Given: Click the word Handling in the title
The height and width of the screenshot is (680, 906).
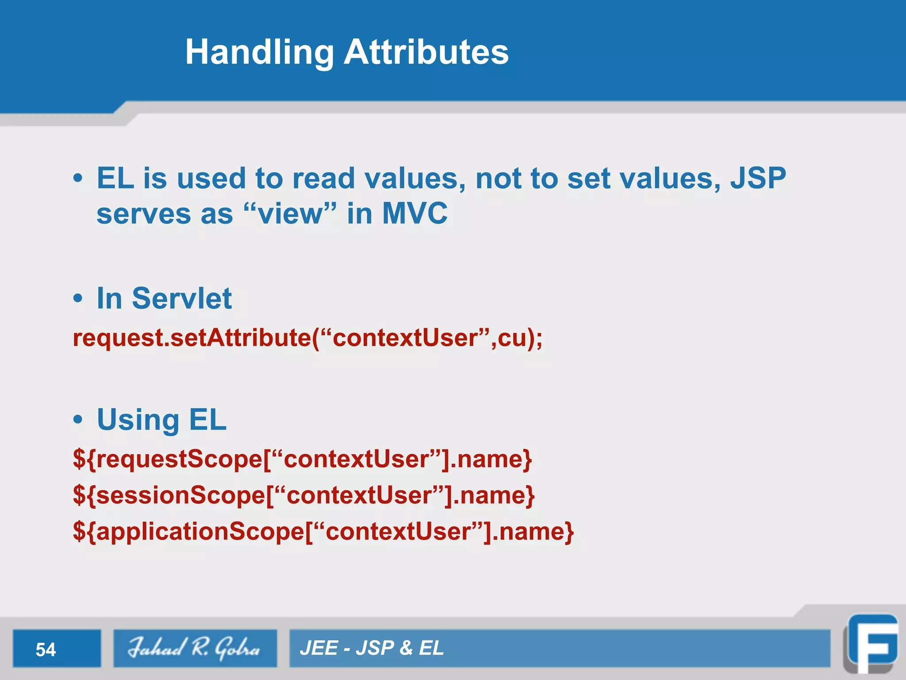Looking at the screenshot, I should (259, 52).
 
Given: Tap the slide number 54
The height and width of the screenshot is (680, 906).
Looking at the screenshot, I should (46, 649).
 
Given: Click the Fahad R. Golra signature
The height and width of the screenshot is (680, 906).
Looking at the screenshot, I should (195, 649).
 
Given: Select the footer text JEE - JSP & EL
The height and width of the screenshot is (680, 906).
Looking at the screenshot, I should (372, 648).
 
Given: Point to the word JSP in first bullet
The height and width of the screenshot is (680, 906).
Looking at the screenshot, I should (758, 178).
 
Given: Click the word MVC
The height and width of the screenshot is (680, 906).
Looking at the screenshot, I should (415, 213).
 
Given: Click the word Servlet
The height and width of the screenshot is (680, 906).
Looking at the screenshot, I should (181, 298).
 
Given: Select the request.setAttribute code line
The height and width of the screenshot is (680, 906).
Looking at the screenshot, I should (307, 338).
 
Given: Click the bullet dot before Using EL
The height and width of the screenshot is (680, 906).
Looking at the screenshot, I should (78, 419).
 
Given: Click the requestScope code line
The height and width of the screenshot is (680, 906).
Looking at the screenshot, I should (302, 459).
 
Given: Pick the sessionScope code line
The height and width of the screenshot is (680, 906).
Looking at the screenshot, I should (303, 495).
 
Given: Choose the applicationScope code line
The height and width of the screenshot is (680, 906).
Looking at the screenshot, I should (323, 531).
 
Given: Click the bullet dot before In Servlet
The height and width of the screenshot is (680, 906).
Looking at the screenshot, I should (78, 298).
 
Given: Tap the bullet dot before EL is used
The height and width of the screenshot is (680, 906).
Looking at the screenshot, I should (78, 178).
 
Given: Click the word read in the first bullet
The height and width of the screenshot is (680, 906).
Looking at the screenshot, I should (323, 178).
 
